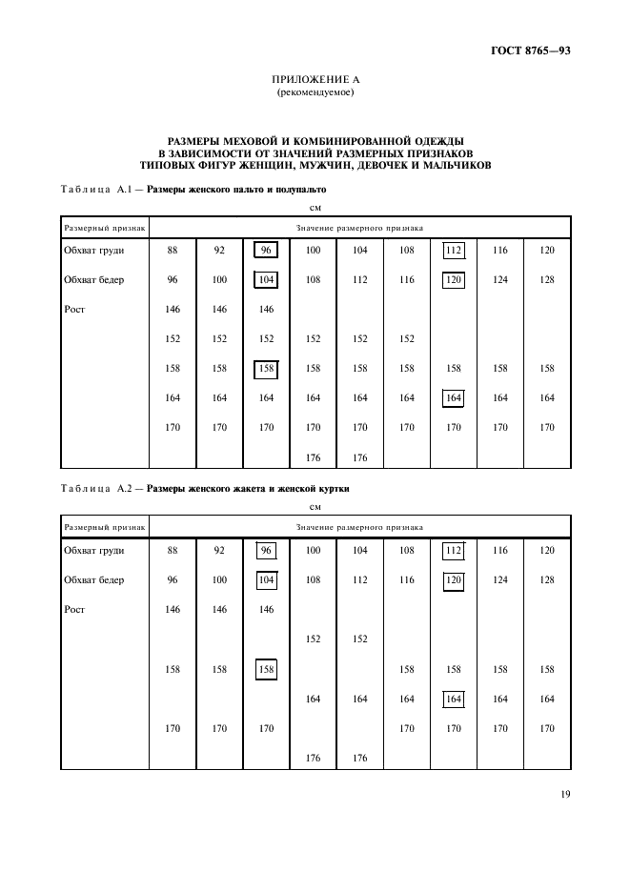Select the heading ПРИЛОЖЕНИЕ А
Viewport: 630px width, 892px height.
(315, 80)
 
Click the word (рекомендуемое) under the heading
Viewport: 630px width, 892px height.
(315, 92)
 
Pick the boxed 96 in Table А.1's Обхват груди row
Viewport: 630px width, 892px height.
(267, 251)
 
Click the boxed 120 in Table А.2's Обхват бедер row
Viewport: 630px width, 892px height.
(453, 580)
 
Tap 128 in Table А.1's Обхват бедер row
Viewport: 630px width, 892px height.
(546, 280)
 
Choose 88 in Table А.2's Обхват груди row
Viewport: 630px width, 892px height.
(173, 551)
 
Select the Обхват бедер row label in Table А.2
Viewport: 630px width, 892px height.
(93, 580)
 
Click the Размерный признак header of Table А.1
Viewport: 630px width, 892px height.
(104, 229)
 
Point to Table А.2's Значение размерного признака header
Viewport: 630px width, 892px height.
(359, 527)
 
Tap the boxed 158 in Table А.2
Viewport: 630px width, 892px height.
(267, 670)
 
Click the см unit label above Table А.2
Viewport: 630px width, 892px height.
(315, 507)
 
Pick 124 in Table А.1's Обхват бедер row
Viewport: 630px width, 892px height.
(499, 280)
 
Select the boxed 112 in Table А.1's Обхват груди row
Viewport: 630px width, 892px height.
(453, 251)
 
